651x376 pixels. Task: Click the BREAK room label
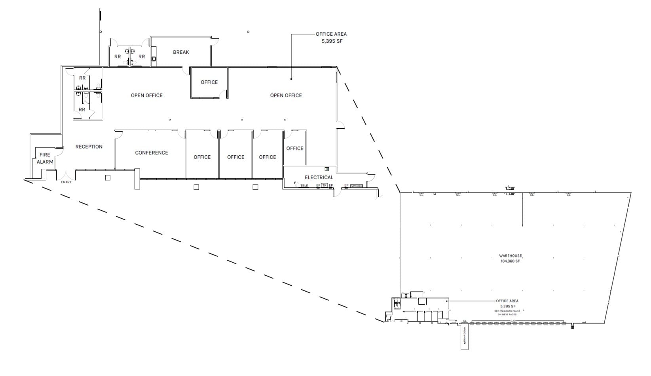tap(181, 52)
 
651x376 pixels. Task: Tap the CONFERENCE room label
tap(152, 153)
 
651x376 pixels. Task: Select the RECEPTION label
tap(89, 147)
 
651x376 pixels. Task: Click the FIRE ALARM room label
tap(45, 158)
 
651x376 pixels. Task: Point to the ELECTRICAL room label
tap(319, 178)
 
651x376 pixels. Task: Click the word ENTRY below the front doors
tap(66, 182)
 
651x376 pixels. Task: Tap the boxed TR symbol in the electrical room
tap(324, 185)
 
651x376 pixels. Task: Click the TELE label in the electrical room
tap(304, 186)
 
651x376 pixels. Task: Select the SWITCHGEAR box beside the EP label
tap(356, 186)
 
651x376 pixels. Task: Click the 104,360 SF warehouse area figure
tap(510, 261)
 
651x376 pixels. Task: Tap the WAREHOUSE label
tap(511, 256)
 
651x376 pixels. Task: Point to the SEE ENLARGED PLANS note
tap(507, 313)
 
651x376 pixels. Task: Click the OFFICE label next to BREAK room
tap(209, 82)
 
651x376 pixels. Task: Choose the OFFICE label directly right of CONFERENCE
tap(202, 157)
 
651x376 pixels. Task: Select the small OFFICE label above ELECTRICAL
tap(295, 149)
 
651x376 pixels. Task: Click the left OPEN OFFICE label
tap(147, 95)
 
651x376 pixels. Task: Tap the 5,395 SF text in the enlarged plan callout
tap(331, 41)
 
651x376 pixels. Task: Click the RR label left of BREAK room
tap(142, 57)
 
